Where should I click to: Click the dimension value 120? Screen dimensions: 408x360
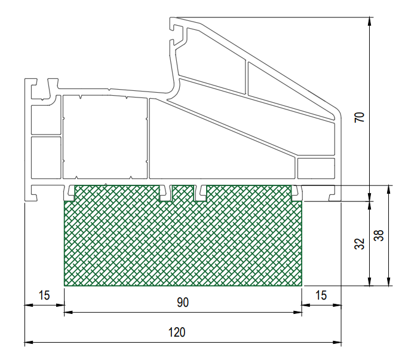point(177,332)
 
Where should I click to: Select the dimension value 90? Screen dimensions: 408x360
point(183,303)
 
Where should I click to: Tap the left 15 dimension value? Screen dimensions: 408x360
point(44,295)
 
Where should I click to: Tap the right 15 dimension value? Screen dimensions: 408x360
point(321,295)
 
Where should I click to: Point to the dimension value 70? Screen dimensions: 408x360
point(360,117)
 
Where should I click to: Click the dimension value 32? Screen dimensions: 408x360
point(360,243)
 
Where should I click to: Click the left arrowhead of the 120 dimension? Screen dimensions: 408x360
point(29,342)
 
